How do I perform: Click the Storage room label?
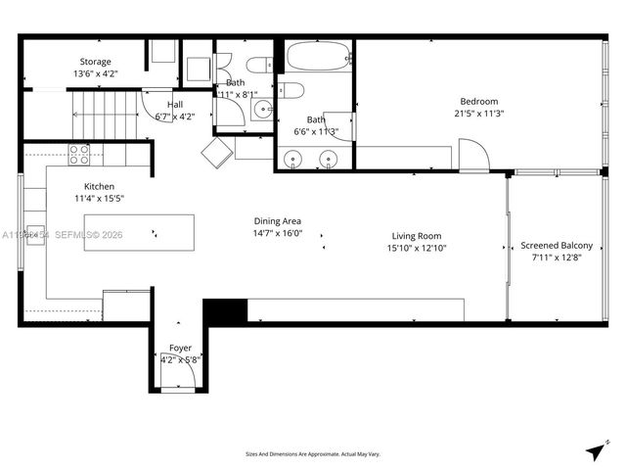(95, 62)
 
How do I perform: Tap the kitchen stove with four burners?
(79, 154)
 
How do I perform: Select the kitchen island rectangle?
(138, 233)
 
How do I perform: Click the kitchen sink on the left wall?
(34, 236)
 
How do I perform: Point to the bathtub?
(319, 56)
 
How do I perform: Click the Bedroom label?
(479, 102)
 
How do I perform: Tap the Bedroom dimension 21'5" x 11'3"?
(479, 113)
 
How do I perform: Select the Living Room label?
(417, 236)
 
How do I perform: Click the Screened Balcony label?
(556, 246)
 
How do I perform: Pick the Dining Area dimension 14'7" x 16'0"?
(278, 233)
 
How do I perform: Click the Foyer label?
(180, 349)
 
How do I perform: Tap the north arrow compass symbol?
(595, 450)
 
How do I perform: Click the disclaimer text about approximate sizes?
(312, 453)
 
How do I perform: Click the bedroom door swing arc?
(472, 155)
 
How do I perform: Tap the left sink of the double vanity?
(292, 158)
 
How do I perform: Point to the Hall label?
(174, 105)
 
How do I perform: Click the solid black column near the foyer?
(223, 311)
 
